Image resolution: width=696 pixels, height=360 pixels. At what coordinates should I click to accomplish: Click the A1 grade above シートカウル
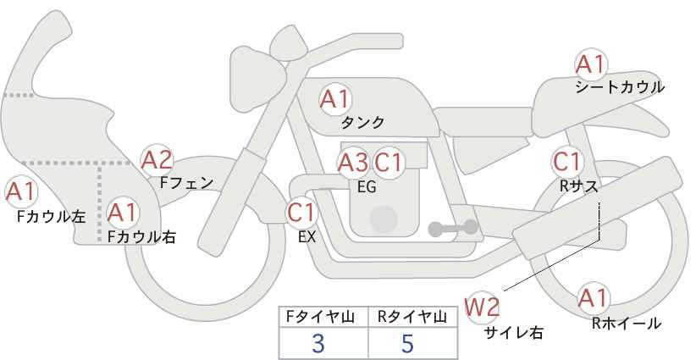(591, 65)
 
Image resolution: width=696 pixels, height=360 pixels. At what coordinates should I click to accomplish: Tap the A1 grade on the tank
(335, 99)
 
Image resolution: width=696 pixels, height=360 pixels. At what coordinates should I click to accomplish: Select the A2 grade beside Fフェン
(157, 161)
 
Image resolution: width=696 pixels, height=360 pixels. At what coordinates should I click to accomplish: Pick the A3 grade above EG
(353, 163)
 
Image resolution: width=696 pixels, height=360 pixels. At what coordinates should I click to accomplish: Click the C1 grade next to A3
(388, 163)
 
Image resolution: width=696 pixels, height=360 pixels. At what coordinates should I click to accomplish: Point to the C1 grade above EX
(301, 213)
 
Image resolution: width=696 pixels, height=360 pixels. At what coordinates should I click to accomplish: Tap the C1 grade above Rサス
(566, 162)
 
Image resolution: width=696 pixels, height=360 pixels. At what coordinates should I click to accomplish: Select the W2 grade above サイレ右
(482, 307)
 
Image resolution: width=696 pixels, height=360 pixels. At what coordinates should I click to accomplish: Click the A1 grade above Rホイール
(593, 298)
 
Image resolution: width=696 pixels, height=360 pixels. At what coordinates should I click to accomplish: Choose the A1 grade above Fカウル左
(21, 192)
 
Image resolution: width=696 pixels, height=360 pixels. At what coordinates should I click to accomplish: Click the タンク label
(362, 123)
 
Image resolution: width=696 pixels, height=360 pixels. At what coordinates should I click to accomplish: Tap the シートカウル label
(620, 87)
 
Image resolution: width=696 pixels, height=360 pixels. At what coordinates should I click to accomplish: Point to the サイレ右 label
(514, 332)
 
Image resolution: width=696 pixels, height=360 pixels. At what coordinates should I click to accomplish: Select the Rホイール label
(627, 324)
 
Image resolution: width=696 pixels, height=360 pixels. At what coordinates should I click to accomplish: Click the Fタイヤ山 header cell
(323, 317)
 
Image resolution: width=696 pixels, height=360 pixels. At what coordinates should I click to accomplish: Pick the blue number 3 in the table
(318, 343)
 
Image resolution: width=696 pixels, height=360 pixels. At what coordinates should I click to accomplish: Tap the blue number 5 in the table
(407, 343)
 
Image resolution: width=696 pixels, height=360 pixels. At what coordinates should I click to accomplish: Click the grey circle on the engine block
(384, 219)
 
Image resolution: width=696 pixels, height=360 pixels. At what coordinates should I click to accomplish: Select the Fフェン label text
(186, 183)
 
